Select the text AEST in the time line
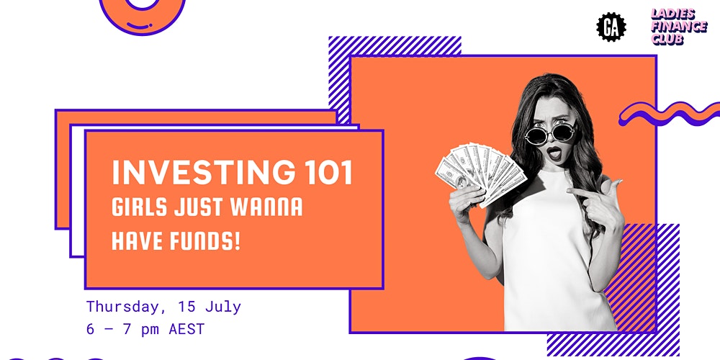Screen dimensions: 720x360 [x=186, y=329]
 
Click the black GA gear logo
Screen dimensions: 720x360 [x=611, y=27]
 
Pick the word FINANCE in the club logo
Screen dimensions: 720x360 [x=679, y=27]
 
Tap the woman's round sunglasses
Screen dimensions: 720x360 [x=551, y=133]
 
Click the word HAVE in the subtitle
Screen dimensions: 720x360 [x=138, y=240]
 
